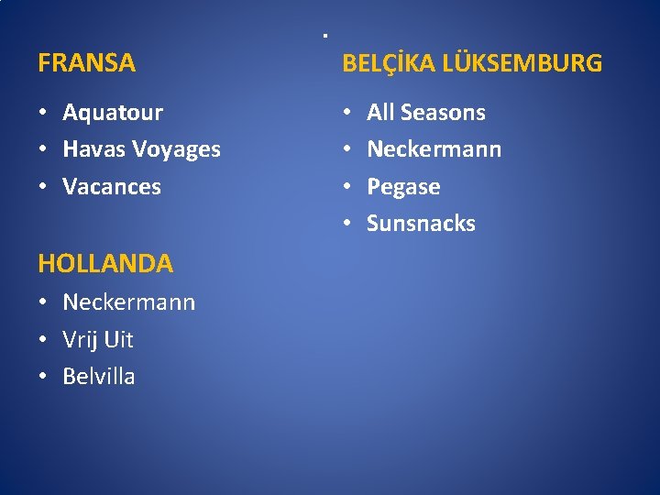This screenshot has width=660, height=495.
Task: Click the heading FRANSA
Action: coord(86,63)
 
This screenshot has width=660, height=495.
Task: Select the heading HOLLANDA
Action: coord(105,264)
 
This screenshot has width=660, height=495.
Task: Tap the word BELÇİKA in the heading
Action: coord(388,63)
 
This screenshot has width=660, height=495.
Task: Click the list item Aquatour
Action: coord(113,113)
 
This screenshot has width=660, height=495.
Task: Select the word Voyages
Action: coord(178,150)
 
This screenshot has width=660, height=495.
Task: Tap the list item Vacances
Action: coord(112,187)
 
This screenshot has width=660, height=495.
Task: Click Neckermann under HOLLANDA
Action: coord(128,302)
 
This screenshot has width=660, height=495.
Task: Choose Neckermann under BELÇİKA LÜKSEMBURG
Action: coord(434,149)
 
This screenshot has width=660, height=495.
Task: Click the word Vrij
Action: coord(80,340)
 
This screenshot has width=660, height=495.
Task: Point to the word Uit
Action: coord(118,339)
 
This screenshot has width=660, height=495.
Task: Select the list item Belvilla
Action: coord(99,376)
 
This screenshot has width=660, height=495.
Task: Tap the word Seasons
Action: coord(443,113)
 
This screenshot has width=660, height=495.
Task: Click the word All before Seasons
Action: coord(380,113)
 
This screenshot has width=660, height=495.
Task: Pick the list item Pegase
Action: coord(403,187)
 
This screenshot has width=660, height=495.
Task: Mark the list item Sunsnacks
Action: coord(421,223)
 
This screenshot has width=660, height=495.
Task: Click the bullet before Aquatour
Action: coord(43,114)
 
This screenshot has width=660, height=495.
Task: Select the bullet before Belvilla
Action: coord(43,377)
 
